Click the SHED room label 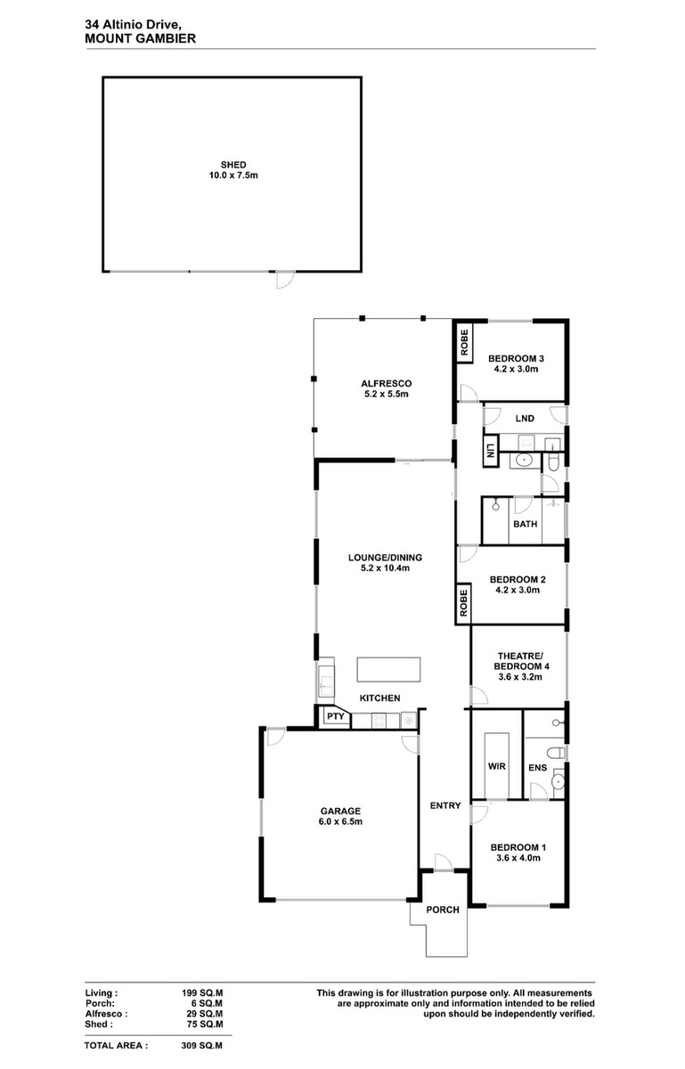tap(233, 165)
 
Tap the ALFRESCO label tap(387, 383)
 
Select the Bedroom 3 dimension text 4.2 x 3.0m tap(516, 369)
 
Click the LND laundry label tap(525, 419)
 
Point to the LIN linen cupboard tap(490, 452)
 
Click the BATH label tap(525, 524)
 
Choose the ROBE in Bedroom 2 tap(463, 603)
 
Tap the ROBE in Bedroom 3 tap(464, 343)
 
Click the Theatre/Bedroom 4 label tap(518, 661)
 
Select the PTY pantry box tap(336, 716)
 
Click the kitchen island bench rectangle tap(389, 670)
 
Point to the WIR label tap(496, 766)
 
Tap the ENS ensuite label tap(537, 768)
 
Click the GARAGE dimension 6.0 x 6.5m tap(340, 821)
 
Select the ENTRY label tap(445, 805)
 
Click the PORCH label tap(443, 910)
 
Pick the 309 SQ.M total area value tap(202, 1046)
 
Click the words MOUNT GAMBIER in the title tap(141, 38)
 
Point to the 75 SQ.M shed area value tap(205, 1024)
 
